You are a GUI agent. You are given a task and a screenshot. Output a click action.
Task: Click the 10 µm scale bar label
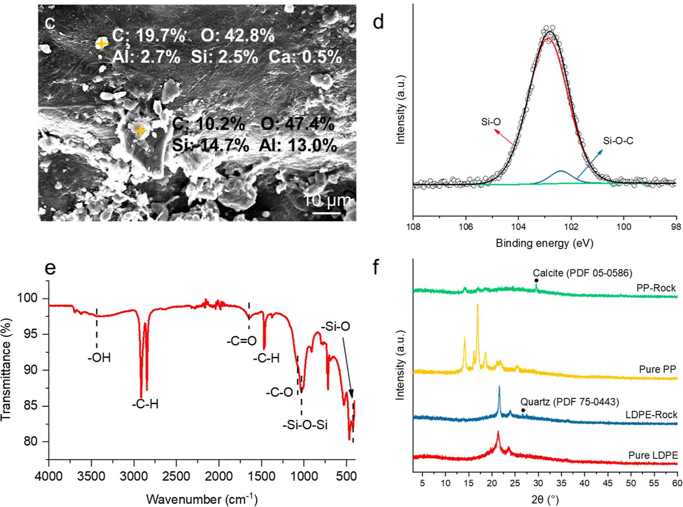(x=327, y=200)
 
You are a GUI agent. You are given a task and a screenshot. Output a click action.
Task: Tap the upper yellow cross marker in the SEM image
(x=101, y=43)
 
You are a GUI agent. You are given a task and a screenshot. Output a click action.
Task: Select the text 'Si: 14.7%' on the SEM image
(x=210, y=145)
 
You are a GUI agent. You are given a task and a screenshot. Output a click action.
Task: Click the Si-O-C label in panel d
(x=618, y=141)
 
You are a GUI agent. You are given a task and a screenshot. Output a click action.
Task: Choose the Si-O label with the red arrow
(x=491, y=122)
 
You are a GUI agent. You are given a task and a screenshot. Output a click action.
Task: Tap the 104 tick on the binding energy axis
(x=518, y=226)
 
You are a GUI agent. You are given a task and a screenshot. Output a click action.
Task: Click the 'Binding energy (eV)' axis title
(x=544, y=243)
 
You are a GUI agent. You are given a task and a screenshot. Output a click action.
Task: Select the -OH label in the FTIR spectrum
(x=99, y=358)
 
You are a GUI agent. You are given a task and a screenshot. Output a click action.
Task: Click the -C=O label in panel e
(x=242, y=341)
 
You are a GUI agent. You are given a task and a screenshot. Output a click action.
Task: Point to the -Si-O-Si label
(x=305, y=425)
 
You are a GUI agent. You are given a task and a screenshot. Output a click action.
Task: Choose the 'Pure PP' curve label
(x=657, y=369)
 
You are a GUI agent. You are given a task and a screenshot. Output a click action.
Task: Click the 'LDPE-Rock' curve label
(x=651, y=415)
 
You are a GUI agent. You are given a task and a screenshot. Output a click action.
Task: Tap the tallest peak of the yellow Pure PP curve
(x=477, y=305)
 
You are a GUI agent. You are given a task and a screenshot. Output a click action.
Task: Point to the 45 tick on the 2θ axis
(x=608, y=483)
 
